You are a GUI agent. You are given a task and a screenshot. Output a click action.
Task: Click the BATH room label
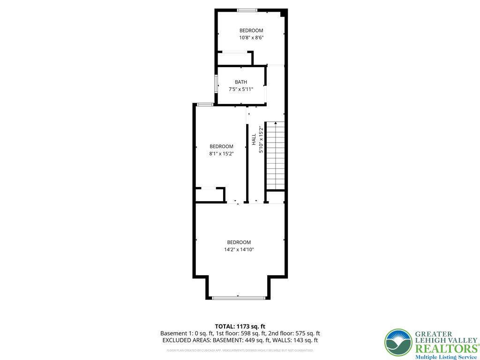click(241, 82)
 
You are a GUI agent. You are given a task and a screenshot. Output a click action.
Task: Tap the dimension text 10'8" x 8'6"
click(251, 38)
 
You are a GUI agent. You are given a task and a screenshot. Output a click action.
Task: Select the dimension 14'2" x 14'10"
click(239, 250)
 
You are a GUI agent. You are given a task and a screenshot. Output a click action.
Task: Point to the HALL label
click(254, 139)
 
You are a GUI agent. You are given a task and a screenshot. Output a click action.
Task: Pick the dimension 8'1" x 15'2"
click(221, 153)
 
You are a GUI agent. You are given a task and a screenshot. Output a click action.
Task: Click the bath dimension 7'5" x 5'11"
click(241, 89)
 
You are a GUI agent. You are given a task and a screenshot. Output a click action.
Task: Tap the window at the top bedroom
click(247, 10)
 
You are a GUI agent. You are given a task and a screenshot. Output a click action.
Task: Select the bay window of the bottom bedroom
click(238, 297)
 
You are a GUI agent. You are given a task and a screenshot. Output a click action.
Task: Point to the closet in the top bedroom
click(234, 59)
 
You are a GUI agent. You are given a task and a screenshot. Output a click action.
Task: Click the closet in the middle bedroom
click(210, 195)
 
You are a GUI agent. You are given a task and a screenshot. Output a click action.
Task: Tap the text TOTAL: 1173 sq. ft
click(240, 326)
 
